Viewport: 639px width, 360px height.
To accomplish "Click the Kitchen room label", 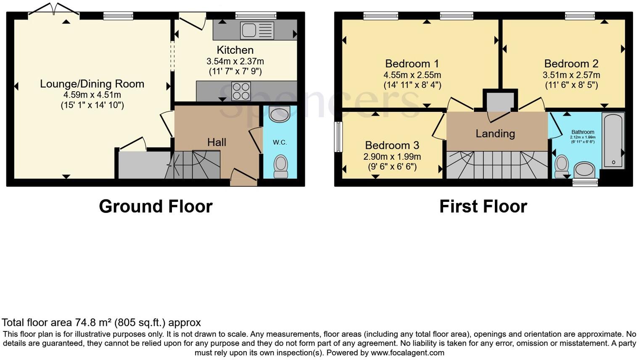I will point(235,50).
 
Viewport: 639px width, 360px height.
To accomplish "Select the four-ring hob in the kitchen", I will point(241,91).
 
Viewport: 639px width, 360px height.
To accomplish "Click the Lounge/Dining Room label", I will point(92,84).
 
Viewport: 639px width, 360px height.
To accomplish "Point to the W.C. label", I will point(280,143).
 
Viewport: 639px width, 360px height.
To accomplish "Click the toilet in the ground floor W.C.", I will point(280,167).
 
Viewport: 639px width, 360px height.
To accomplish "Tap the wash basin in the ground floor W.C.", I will point(279,114).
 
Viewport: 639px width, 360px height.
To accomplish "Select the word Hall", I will point(217,142).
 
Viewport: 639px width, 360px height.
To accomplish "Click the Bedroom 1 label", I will point(412,64).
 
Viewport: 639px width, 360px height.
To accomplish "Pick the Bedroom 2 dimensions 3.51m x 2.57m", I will point(571,75).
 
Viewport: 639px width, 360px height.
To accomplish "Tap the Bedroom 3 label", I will point(392,146).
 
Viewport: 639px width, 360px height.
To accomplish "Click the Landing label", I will point(495,134).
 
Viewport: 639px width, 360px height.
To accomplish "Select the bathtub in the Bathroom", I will point(613,140).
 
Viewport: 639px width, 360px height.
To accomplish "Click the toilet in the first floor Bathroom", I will point(562,167).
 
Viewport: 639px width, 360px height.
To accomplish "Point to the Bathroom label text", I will point(583,132).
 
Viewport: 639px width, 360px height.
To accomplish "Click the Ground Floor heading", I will point(156,206).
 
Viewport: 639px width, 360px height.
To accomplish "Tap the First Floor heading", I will point(483,206).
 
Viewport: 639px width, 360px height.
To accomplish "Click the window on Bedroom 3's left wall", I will point(338,137).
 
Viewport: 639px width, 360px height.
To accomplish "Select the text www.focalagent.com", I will point(407,353).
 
